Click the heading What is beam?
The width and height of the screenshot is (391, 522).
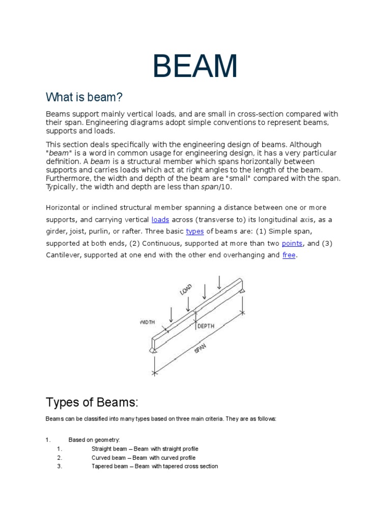coord(85,97)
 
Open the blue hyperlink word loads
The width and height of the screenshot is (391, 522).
coord(160,220)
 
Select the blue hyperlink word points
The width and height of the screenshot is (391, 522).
coord(292,244)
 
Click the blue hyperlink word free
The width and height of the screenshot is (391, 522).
coord(289,255)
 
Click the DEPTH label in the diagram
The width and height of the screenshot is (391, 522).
coord(206,326)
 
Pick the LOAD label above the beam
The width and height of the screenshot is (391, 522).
coord(186,290)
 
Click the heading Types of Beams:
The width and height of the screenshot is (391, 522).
coord(92,402)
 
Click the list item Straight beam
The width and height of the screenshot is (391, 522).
coord(145,449)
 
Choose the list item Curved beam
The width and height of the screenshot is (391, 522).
coord(143,458)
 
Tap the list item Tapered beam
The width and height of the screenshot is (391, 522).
coord(154,466)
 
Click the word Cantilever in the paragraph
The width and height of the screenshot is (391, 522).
coord(64,255)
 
